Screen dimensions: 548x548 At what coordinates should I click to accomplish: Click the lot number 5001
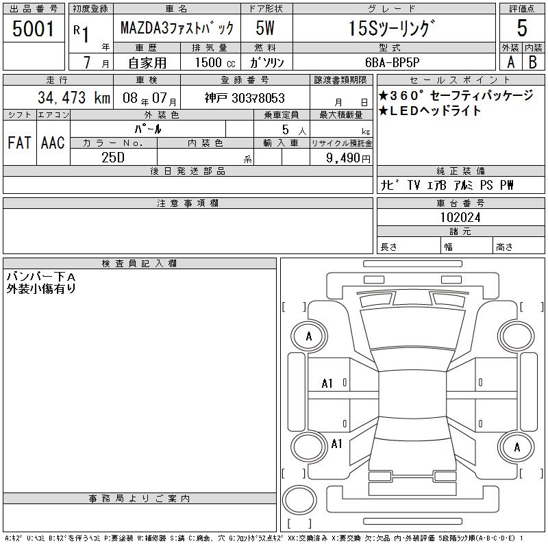tap(33, 29)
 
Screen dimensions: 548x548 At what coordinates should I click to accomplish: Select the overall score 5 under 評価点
tap(522, 28)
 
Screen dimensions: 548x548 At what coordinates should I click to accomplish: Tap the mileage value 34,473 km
tap(74, 98)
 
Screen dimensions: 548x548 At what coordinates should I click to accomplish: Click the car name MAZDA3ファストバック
tap(177, 28)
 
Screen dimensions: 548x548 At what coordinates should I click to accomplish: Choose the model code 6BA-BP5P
tap(392, 62)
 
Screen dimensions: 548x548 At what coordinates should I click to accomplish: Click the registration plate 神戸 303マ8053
tap(245, 98)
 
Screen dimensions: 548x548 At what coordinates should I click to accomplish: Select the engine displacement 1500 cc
tap(215, 62)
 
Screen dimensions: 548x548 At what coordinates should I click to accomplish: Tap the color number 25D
tap(113, 158)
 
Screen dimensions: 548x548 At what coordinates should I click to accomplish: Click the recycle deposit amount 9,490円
tap(348, 158)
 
